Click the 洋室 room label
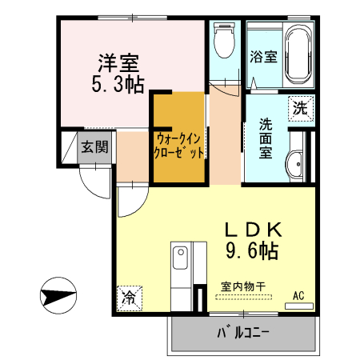pyautogui.click(x=118, y=63)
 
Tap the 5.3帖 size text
pyautogui.click(x=118, y=84)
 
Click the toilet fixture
pyautogui.click(x=225, y=40)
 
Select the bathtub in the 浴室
pyautogui.click(x=298, y=55)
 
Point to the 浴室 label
pyautogui.click(x=263, y=57)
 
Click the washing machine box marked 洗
pyautogui.click(x=301, y=109)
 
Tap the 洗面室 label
pyautogui.click(x=266, y=138)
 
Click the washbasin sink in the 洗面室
pyautogui.click(x=295, y=163)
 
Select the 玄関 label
pyautogui.click(x=94, y=147)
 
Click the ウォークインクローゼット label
pyautogui.click(x=179, y=146)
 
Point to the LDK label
pyautogui.click(x=253, y=230)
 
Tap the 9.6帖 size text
pyautogui.click(x=252, y=251)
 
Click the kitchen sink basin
pyautogui.click(x=180, y=258)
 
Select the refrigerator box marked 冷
pyautogui.click(x=130, y=298)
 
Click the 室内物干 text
pyautogui.click(x=243, y=286)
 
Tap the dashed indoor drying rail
pyautogui.click(x=243, y=297)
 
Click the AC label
pyautogui.click(x=298, y=296)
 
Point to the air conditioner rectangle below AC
pyautogui.click(x=299, y=306)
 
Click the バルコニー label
pyautogui.click(x=243, y=333)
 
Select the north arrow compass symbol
pyautogui.click(x=58, y=295)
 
